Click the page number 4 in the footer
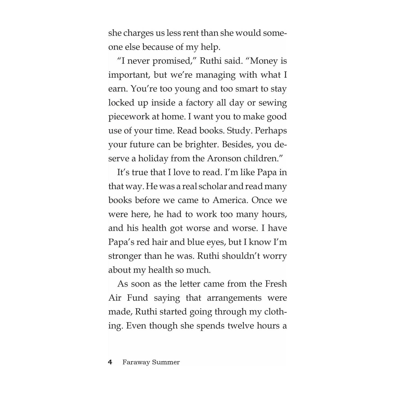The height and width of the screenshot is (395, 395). point(110,362)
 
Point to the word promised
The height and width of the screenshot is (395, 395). point(171,61)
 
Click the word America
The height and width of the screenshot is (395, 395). point(230,200)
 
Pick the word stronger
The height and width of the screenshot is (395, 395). point(124,256)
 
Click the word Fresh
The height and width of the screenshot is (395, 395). point(276,284)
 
